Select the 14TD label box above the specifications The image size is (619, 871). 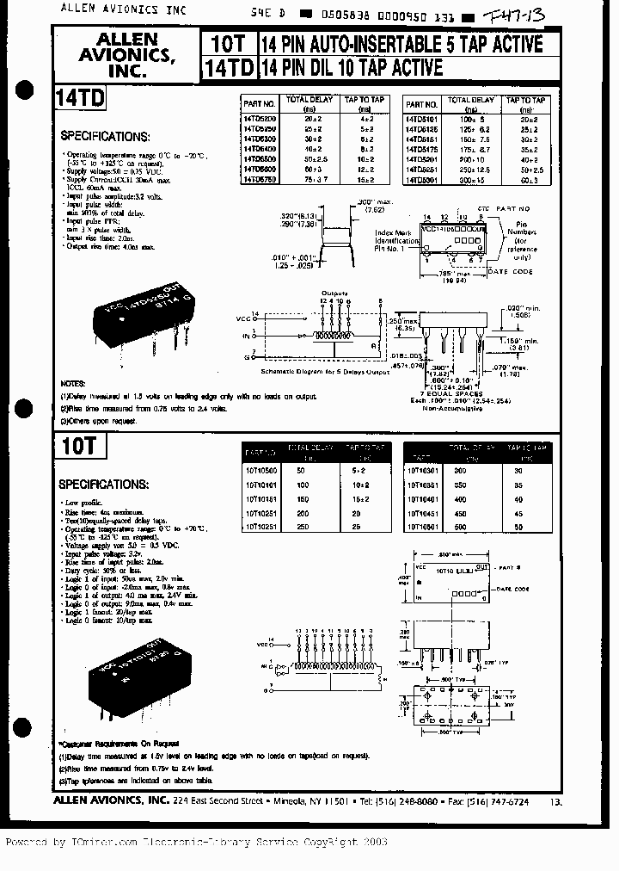pyautogui.click(x=79, y=97)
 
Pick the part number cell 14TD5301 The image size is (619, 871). pyautogui.click(x=422, y=179)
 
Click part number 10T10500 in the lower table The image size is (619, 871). pyautogui.click(x=260, y=471)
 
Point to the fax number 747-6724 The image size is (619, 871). pyautogui.click(x=501, y=800)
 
